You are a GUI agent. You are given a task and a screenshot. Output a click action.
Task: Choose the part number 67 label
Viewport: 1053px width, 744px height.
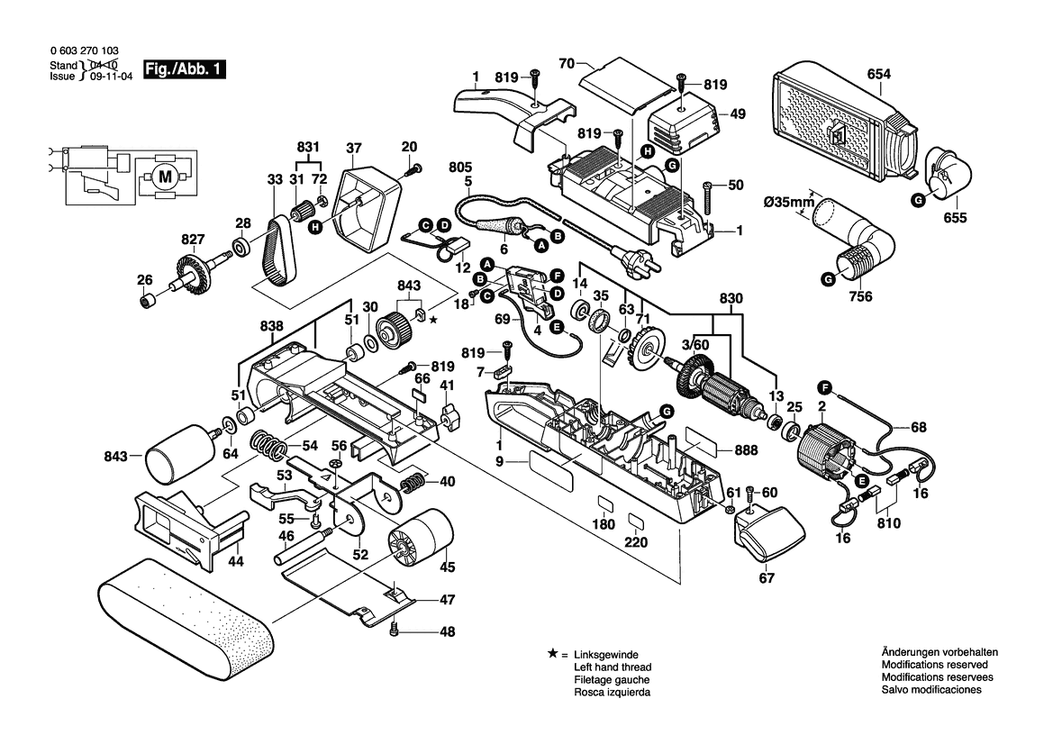click(766, 578)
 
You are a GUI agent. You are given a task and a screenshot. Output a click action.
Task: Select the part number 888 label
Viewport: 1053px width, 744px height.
click(770, 450)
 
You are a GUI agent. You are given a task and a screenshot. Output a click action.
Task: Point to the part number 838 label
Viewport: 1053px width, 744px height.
click(274, 326)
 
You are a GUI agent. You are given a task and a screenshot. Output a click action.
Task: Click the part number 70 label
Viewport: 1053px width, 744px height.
click(567, 64)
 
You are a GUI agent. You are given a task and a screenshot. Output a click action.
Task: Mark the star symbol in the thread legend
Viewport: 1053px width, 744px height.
click(551, 653)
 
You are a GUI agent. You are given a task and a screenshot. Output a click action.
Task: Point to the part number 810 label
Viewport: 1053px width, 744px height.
click(887, 522)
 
